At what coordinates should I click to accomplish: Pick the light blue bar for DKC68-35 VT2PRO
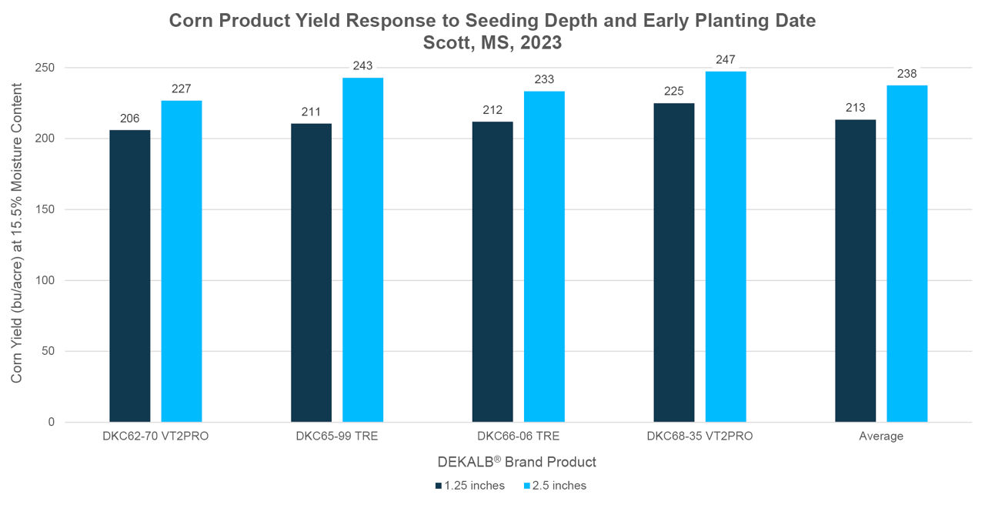click(726, 246)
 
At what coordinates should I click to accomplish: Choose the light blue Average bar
click(907, 253)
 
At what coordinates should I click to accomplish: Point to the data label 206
click(130, 119)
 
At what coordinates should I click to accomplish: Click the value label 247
click(726, 60)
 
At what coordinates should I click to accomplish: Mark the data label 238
click(907, 74)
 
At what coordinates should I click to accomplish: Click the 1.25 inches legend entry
click(469, 486)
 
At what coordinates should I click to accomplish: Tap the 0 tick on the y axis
click(52, 422)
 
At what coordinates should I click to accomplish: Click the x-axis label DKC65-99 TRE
click(336, 436)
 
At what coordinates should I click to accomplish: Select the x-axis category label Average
click(881, 436)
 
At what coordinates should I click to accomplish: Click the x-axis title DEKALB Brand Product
click(516, 462)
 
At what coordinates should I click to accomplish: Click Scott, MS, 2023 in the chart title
click(492, 43)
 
